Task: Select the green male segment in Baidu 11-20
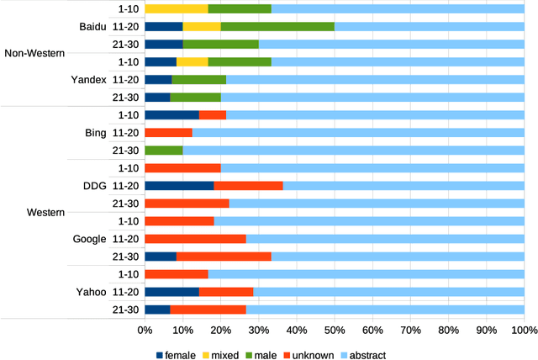(277, 26)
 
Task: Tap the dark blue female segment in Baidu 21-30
(163, 44)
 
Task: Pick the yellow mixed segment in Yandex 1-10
(193, 61)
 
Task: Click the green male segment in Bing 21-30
(163, 151)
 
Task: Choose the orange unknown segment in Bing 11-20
(168, 133)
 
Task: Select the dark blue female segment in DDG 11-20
(179, 186)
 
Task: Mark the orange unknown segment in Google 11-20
(195, 239)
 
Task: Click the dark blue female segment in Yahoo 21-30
(157, 310)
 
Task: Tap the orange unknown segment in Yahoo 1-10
(176, 274)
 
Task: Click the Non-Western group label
(34, 53)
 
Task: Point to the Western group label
(45, 213)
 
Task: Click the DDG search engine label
(94, 186)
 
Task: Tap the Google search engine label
(90, 239)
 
